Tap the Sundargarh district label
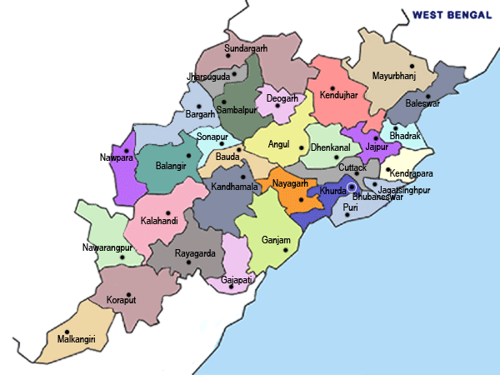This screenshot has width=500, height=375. point(246,49)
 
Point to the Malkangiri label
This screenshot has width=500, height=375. point(76,339)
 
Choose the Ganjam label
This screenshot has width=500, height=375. point(276,241)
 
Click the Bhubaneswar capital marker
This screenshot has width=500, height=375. point(352,187)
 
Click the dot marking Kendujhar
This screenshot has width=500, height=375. point(332,88)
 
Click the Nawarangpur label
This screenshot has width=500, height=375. point(107,247)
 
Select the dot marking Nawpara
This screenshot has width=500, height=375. point(126,151)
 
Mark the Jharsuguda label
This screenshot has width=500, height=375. point(209,77)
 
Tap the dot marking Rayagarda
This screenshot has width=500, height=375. point(189,262)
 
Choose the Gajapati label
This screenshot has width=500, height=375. point(237,280)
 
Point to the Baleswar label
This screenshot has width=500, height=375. point(422,103)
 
